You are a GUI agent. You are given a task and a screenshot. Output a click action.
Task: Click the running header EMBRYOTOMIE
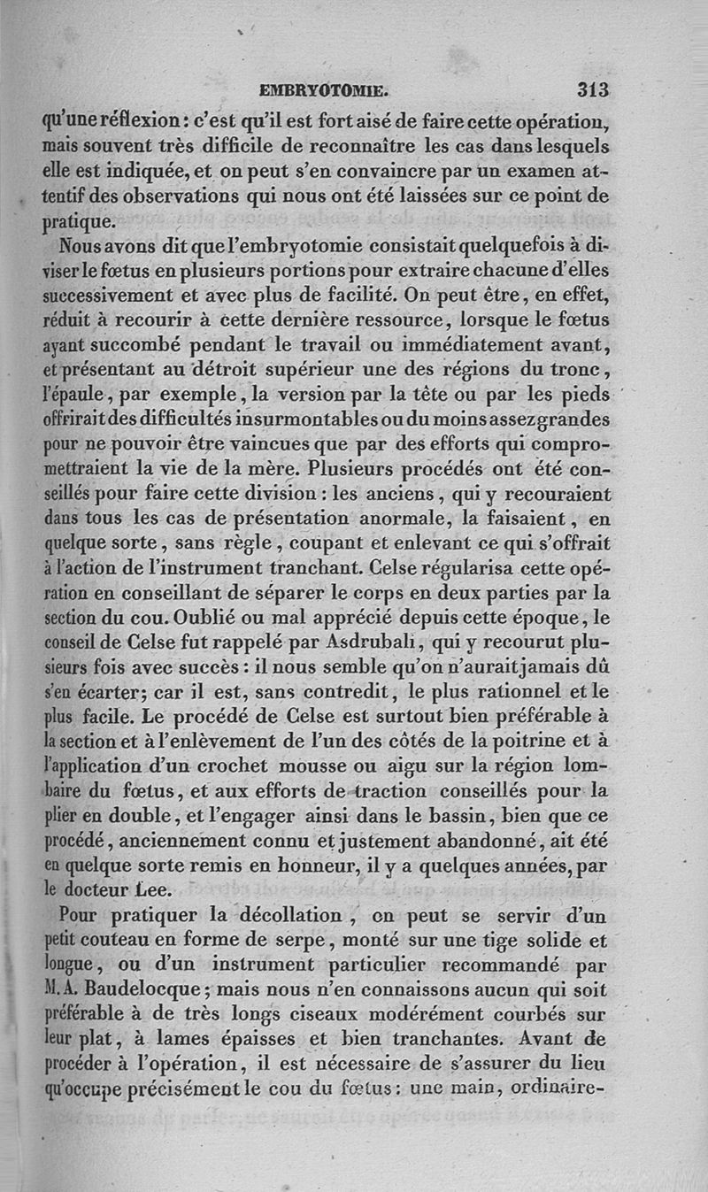pos(323,90)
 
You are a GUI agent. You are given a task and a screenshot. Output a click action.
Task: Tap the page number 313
pos(593,89)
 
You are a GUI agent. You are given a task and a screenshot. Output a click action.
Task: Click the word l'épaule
pos(74,390)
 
